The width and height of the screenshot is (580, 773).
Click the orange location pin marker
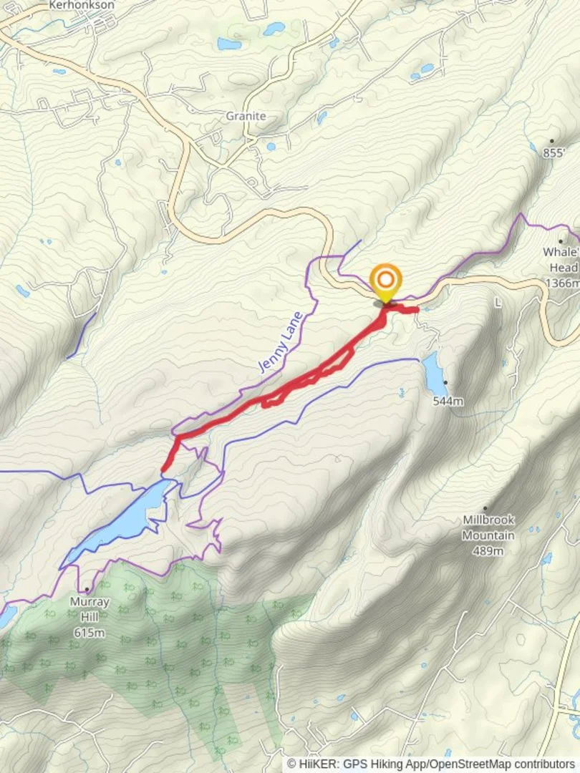(386, 281)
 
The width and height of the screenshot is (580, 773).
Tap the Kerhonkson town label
(82, 4)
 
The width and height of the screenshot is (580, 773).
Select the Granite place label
(246, 116)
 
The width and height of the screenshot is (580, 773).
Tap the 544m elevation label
(448, 401)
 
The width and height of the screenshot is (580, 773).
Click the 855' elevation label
(555, 152)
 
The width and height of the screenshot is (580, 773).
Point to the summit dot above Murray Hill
(87, 589)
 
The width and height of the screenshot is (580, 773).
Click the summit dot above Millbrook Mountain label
(485, 508)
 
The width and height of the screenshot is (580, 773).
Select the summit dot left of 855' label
(552, 141)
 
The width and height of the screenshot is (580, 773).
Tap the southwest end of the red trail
(165, 470)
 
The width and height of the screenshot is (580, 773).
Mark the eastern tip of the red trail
(416, 309)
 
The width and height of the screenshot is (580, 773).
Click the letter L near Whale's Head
(498, 303)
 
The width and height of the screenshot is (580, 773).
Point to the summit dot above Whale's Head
(561, 241)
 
